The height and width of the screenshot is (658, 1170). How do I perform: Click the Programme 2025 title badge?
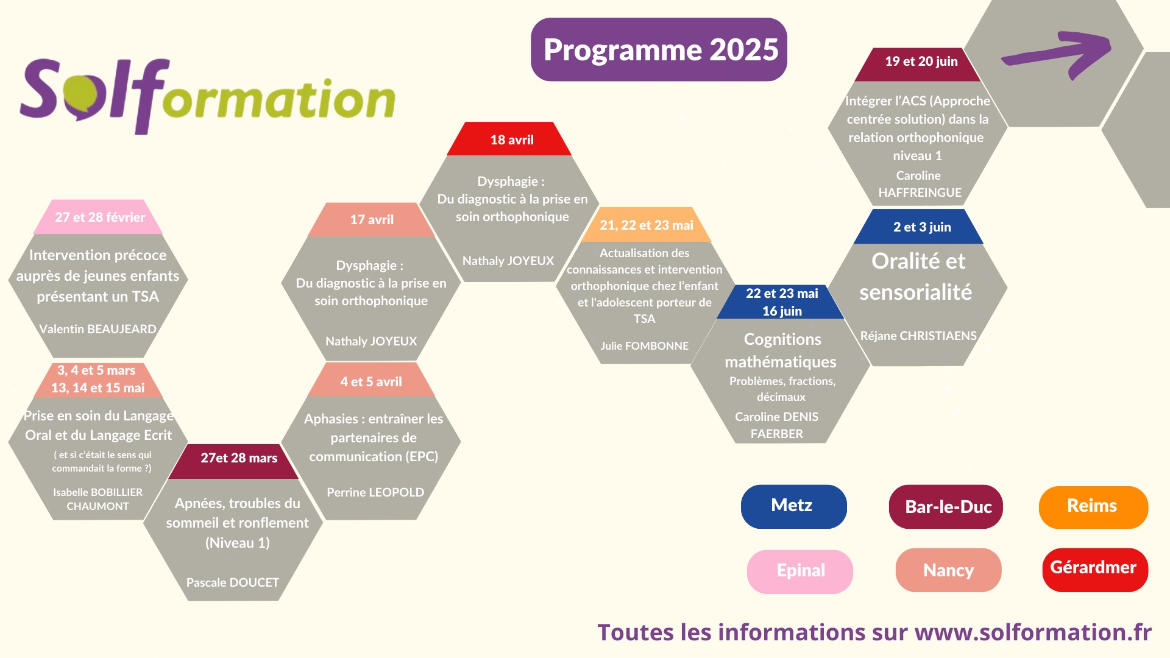point(659,49)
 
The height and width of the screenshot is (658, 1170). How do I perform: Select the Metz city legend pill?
point(793,506)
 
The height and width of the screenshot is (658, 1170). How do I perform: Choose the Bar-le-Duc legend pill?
point(946,507)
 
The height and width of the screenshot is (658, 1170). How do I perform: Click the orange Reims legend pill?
point(1093,507)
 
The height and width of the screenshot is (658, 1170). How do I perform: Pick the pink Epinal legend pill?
point(800,571)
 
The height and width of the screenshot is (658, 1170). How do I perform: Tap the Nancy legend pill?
point(948,570)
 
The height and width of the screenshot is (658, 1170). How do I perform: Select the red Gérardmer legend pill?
point(1095,570)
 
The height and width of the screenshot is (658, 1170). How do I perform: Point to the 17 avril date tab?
point(371,219)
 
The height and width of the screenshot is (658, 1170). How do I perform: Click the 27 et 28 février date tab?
point(98,217)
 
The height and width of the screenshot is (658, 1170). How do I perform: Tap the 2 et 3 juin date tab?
point(919,227)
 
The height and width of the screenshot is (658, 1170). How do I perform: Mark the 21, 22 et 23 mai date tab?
point(646,225)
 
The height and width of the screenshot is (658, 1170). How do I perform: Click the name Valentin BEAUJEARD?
point(97,329)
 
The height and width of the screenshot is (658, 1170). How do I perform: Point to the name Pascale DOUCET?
point(233,582)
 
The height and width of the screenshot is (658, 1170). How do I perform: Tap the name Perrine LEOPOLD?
point(375,492)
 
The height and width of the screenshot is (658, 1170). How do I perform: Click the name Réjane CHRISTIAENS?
point(918,336)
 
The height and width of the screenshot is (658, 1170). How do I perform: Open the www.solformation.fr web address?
point(1033,632)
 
